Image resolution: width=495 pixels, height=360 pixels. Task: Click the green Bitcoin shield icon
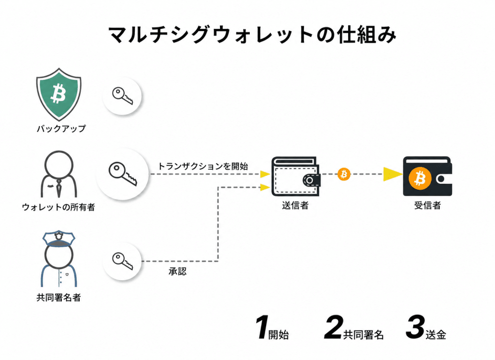point(58,94)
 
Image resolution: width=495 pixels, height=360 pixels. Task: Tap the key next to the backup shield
point(122,96)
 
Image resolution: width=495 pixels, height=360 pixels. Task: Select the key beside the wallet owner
point(123,174)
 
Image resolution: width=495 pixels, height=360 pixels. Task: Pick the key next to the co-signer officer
point(122,261)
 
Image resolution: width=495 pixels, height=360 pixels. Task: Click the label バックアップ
point(61,129)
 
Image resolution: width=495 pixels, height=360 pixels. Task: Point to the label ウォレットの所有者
point(58,207)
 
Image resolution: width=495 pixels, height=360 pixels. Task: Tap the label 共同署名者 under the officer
point(58,298)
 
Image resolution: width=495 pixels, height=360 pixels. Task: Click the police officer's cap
point(58,239)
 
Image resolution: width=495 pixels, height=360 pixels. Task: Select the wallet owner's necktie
point(58,188)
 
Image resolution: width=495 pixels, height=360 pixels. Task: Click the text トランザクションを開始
point(203,166)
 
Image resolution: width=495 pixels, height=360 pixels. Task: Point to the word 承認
point(177,271)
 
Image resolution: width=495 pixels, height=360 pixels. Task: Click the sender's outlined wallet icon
point(296,176)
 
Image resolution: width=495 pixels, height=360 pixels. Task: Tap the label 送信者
point(295,206)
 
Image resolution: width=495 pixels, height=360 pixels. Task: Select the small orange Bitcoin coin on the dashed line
point(344,174)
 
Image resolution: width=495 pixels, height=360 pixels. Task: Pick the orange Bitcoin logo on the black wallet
point(420,179)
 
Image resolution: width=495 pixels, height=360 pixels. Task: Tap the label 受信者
point(427,206)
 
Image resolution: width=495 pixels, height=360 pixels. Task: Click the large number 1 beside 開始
point(262,328)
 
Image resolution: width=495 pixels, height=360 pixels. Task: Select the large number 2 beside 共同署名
point(334,328)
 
